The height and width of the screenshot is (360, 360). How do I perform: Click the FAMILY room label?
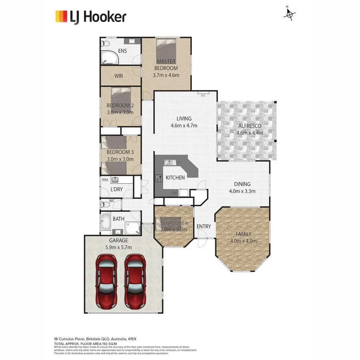(x=243, y=234)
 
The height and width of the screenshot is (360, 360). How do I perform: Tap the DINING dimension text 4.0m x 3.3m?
(x=242, y=191)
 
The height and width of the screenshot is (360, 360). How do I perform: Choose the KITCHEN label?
(x=175, y=177)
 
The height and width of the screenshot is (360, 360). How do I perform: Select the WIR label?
(x=118, y=76)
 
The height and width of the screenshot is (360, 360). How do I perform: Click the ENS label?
(x=122, y=51)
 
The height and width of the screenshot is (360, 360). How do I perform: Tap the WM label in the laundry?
(x=105, y=180)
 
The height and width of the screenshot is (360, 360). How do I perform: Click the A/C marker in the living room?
(x=203, y=95)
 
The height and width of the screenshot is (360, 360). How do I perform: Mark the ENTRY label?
(x=204, y=226)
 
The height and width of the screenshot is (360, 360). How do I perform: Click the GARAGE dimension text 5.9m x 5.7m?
(x=118, y=247)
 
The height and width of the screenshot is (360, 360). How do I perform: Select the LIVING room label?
(x=184, y=118)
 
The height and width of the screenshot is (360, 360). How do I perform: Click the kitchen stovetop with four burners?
(x=158, y=178)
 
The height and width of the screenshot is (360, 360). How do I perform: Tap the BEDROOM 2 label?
(x=120, y=106)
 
